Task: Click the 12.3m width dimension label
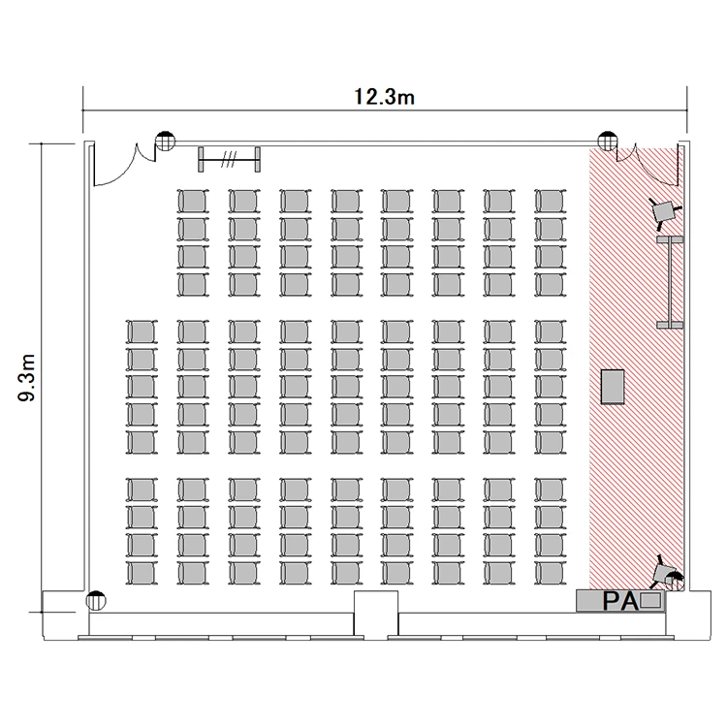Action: [x=385, y=97]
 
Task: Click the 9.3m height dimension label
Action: [x=27, y=377]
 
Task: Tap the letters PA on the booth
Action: [x=620, y=601]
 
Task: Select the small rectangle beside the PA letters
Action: [x=650, y=600]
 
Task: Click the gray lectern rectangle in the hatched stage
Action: [x=613, y=387]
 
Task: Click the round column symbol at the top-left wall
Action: [x=165, y=141]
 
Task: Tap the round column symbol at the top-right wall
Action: [x=608, y=141]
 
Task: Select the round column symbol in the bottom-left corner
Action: [x=96, y=601]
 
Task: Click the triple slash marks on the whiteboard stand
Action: [x=229, y=159]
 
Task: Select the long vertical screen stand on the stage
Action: [x=670, y=282]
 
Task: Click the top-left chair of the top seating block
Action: [x=193, y=202]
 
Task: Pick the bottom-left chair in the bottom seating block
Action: [x=142, y=573]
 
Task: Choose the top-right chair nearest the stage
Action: [x=551, y=202]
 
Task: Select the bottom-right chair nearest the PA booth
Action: [x=551, y=573]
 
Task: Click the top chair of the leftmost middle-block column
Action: [x=142, y=332]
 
